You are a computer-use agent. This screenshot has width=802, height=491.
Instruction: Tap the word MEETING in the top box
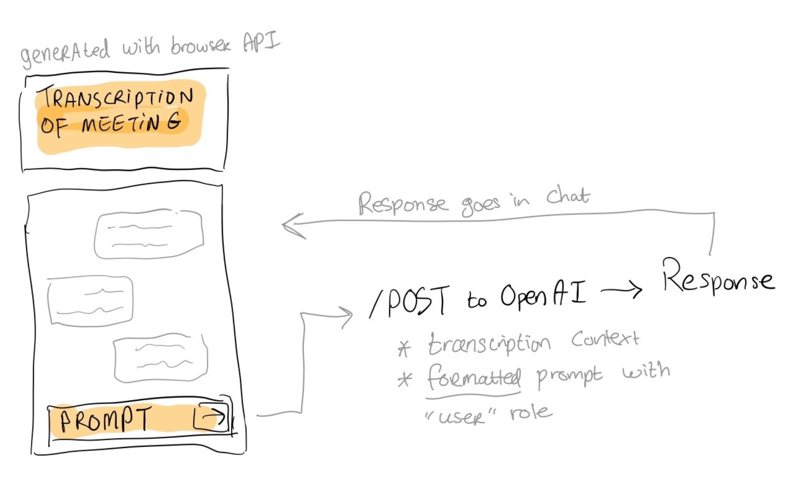(132, 123)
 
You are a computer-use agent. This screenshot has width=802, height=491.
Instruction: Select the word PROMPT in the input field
(105, 419)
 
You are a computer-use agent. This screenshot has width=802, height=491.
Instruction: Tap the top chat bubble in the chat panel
(148, 234)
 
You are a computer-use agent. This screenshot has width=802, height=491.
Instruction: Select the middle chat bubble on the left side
(90, 300)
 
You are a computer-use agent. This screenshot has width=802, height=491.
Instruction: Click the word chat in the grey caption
(568, 196)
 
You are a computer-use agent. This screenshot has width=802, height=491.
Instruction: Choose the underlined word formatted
(474, 376)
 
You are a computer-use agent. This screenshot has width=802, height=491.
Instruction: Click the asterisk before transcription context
(404, 348)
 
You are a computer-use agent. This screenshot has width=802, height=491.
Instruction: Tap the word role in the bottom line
(530, 413)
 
